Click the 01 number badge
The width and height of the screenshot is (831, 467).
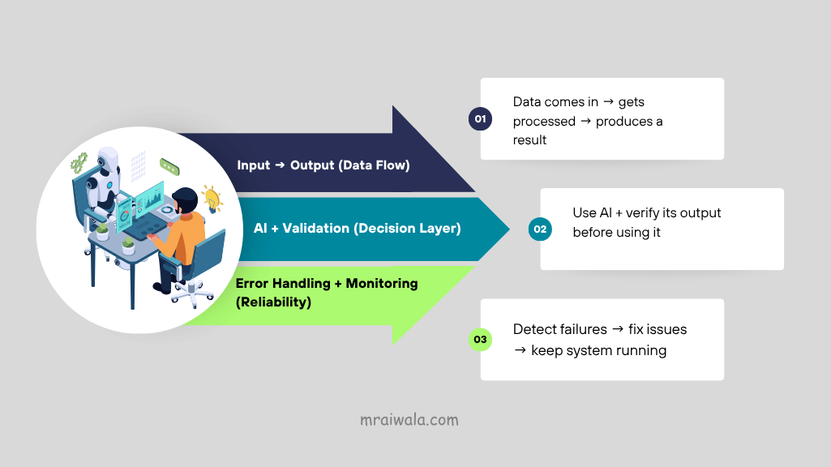[x=480, y=120]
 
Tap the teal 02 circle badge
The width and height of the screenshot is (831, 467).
[x=540, y=229]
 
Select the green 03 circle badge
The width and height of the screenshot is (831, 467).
[x=480, y=339]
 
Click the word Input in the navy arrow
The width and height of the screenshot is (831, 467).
[x=254, y=165]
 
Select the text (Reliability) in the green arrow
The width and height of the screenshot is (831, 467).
[x=273, y=302]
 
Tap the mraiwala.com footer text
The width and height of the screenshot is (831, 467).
[x=409, y=420]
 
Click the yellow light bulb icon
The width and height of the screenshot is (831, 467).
[x=212, y=198]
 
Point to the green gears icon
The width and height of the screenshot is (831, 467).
[x=79, y=163]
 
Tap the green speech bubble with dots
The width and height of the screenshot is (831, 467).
[x=169, y=165]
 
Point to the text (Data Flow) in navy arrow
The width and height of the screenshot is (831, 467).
[x=375, y=165]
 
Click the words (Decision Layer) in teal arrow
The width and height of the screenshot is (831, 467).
[x=408, y=229]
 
